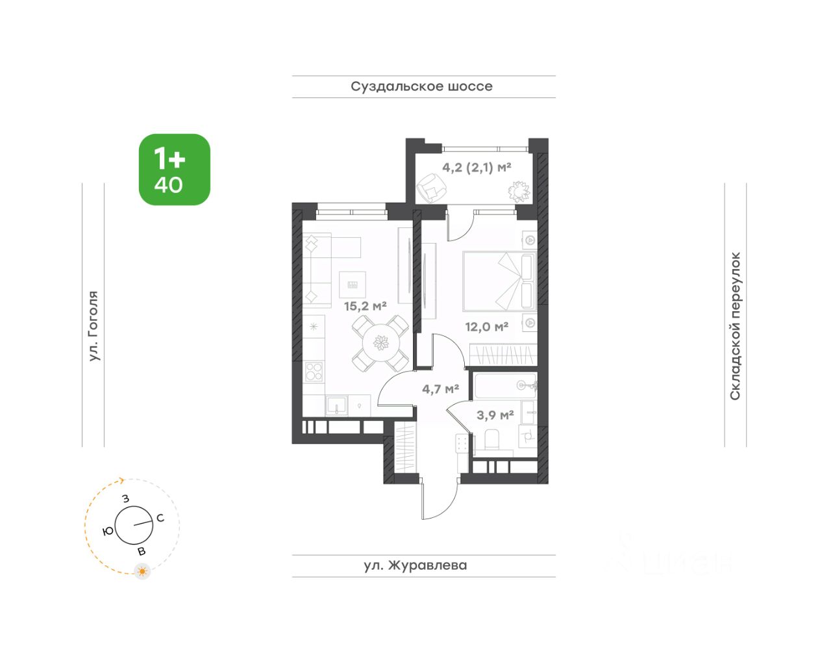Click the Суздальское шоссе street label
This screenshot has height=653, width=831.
click(x=421, y=86)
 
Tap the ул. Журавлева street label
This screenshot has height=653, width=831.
click(x=415, y=565)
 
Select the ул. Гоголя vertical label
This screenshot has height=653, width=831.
click(x=93, y=326)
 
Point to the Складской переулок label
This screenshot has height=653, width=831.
click(x=735, y=326)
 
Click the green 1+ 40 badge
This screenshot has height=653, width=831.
click(x=175, y=170)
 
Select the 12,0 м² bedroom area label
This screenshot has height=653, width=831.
click(x=486, y=326)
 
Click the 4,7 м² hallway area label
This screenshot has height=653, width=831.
click(x=441, y=389)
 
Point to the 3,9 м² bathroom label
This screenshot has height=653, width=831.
click(x=495, y=415)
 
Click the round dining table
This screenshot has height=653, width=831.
click(x=380, y=343)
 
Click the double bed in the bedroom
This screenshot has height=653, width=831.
click(x=500, y=281)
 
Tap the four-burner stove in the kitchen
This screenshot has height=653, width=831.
click(x=314, y=372)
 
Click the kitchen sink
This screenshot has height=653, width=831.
click(x=336, y=405)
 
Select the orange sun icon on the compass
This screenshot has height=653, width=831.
click(x=142, y=572)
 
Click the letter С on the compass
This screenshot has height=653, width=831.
click(x=160, y=518)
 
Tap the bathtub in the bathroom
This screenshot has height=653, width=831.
click(x=505, y=385)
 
